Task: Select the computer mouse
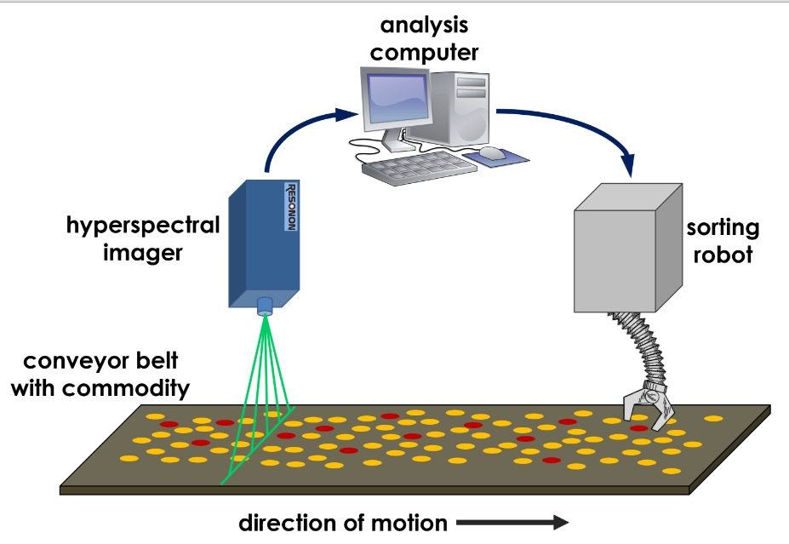point(492,153)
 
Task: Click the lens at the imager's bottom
point(266,305)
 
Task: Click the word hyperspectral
point(143,226)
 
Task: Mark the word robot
point(726,255)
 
